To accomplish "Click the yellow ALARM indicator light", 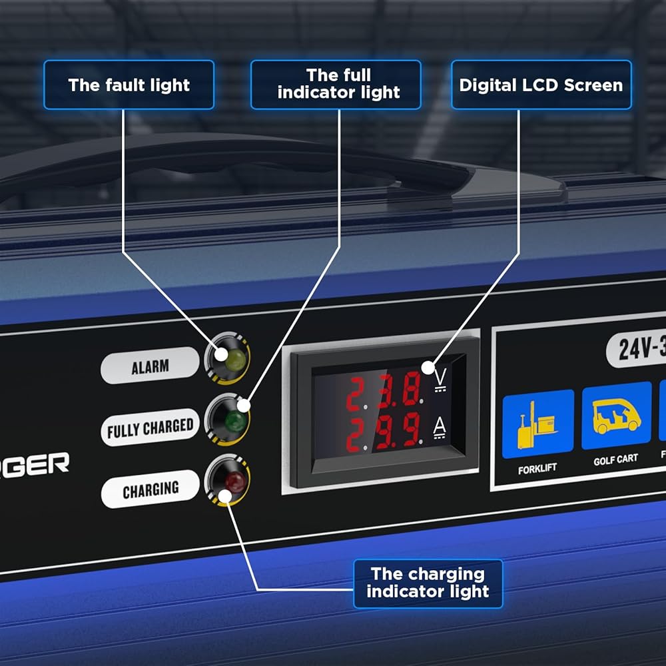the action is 235,359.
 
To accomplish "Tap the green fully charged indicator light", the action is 233,420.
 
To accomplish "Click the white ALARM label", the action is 150,366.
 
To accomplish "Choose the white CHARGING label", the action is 150,490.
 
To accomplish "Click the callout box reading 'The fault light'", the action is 129,85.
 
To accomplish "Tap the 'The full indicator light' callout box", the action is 336,85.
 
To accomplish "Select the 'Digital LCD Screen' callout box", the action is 541,85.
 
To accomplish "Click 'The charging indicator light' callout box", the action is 428,583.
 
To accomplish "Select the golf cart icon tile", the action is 616,416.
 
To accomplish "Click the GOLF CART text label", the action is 615,459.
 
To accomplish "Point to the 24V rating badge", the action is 636,348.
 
